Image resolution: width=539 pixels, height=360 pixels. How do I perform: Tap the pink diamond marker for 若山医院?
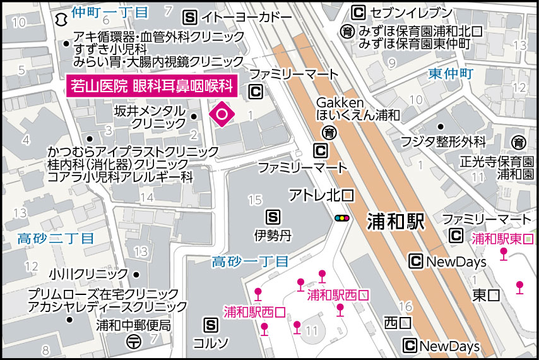click(222, 114)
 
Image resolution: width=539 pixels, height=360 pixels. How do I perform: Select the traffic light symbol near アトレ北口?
click(342, 219)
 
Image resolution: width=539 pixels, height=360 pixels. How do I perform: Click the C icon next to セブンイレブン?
click(358, 13)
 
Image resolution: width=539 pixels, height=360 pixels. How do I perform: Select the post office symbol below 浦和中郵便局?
click(134, 342)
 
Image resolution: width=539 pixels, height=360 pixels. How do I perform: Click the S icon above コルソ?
click(211, 325)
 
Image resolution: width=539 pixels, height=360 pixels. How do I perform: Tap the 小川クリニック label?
click(88, 275)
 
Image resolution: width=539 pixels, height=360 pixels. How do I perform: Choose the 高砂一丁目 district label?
click(250, 261)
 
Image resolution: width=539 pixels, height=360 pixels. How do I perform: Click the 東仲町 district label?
click(450, 74)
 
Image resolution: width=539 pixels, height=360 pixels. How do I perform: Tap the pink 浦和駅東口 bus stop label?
click(502, 239)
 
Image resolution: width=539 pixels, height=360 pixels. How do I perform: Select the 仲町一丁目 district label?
click(110, 13)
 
